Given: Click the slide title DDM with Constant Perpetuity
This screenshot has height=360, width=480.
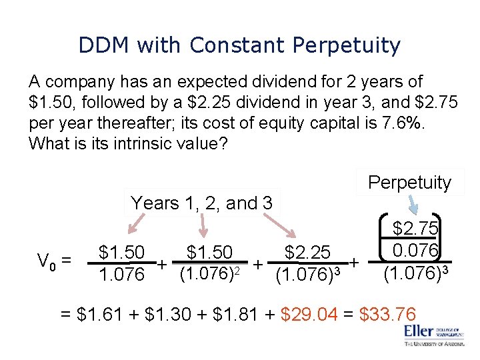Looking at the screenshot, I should click(x=239, y=45).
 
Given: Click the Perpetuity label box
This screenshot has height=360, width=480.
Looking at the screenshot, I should click(x=409, y=182).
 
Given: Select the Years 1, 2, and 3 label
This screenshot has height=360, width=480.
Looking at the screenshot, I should click(x=201, y=203).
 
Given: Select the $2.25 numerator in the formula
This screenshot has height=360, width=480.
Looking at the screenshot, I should click(x=307, y=253).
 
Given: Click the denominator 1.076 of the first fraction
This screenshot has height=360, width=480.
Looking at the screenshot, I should click(x=121, y=274).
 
